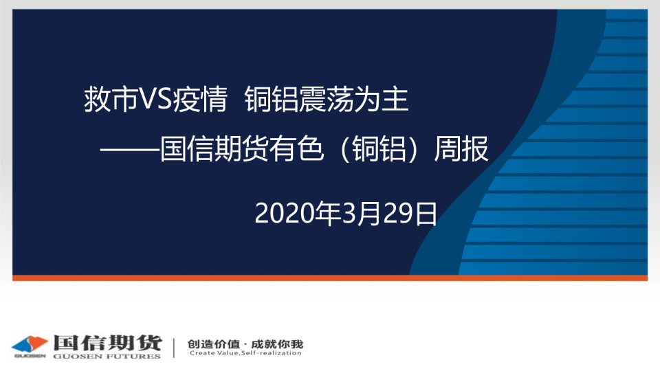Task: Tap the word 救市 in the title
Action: [111, 99]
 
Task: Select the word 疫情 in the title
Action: [200, 99]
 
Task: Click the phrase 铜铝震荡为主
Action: [327, 99]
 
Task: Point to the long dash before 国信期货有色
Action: [130, 149]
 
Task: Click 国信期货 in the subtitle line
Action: [214, 148]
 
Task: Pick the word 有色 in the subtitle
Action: [296, 148]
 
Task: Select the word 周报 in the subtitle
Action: [461, 148]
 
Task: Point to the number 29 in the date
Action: [399, 213]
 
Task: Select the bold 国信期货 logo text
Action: [107, 344]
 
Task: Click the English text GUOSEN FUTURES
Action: [107, 357]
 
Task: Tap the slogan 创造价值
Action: [213, 344]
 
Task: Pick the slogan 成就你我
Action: [277, 344]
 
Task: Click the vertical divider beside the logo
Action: [174, 348]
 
